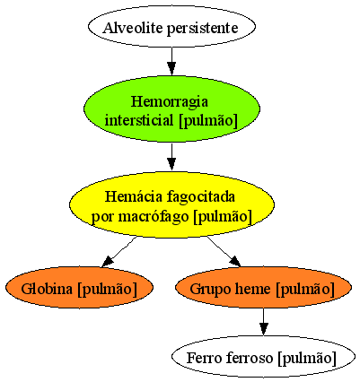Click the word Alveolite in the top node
point(133,28)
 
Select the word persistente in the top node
point(202,29)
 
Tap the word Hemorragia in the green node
point(170,102)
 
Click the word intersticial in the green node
point(139,120)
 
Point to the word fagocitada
point(200,197)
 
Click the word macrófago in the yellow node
point(154,217)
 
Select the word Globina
point(48,289)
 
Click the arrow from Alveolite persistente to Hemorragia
point(171,61)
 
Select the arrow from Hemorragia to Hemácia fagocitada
point(171,157)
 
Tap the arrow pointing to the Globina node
point(119,252)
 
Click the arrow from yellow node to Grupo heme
point(224,251)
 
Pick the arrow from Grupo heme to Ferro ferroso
point(263,322)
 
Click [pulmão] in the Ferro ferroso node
point(307,358)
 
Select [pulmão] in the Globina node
point(107,290)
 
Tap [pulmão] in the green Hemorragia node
point(208,121)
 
